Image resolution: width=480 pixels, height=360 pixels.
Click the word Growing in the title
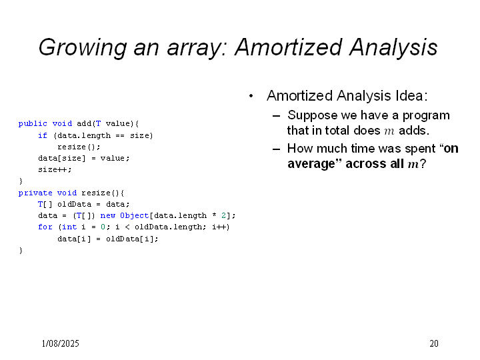coord(83,47)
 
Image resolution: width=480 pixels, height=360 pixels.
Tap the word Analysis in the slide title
coord(393,47)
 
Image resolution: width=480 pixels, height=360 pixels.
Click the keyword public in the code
coord(33,124)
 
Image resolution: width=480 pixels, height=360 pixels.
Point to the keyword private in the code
coord(35,193)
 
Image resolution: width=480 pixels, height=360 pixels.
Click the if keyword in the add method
coord(43,135)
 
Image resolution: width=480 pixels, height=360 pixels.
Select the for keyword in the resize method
coord(45,227)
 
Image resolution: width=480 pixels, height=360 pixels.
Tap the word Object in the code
coord(135,216)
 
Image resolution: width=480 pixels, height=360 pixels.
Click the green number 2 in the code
coord(224,215)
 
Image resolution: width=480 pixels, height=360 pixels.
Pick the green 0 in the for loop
coord(103,227)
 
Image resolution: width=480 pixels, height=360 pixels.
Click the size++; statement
coord(55,169)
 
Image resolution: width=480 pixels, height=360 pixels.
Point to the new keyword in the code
coord(108,216)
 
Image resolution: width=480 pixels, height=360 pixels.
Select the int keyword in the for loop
coord(69,227)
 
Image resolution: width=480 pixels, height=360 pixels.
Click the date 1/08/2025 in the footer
coord(60,343)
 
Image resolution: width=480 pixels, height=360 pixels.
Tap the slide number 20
coord(434,343)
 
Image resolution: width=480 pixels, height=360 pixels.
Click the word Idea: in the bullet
coord(411,96)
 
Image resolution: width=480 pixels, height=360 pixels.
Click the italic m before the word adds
coord(389,131)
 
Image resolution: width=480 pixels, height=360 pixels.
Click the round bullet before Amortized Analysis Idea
coord(251,96)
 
